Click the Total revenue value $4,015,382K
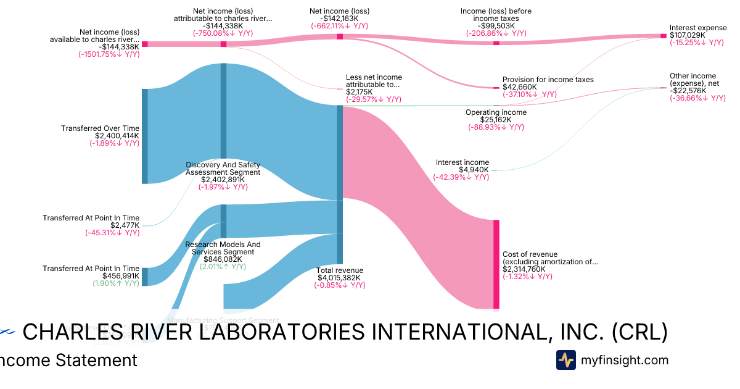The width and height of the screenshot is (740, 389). click(339, 278)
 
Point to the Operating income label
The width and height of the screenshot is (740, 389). click(496, 112)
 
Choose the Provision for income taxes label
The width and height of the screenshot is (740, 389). click(548, 80)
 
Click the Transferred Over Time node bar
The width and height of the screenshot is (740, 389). click(145, 136)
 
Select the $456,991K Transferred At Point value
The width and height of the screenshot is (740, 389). click(121, 276)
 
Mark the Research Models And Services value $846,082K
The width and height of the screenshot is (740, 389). click(223, 259)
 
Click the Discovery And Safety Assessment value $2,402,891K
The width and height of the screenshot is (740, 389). click(223, 180)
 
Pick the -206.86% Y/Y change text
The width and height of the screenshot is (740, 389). click(496, 33)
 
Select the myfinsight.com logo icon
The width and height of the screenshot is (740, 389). click(566, 360)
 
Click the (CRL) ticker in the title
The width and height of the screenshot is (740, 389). click(639, 332)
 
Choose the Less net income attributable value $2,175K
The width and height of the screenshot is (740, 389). click(360, 91)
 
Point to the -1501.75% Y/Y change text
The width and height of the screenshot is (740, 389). click(109, 54)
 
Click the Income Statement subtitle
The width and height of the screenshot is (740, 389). click(68, 360)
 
